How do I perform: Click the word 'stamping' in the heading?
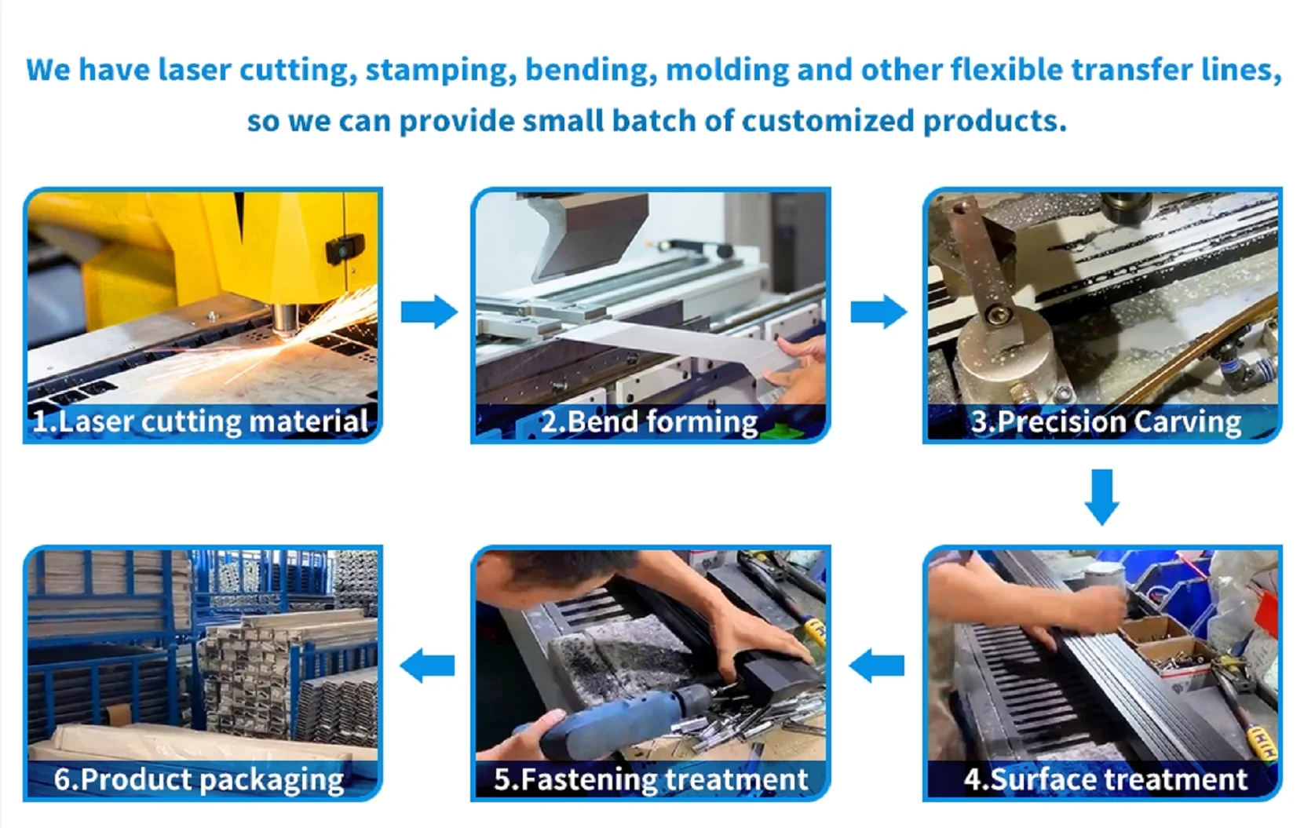[440, 71]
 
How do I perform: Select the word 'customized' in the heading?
[827, 120]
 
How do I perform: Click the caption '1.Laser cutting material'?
[200, 421]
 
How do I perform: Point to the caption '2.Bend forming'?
[649, 421]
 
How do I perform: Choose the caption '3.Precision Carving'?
[1106, 421]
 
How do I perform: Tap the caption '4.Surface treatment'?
[1105, 779]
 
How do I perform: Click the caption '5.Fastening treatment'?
[651, 779]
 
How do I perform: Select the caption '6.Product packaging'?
[199, 779]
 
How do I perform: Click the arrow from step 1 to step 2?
[429, 312]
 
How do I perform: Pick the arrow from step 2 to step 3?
[878, 312]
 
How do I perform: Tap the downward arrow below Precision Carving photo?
[1102, 497]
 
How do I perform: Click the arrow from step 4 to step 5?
[877, 665]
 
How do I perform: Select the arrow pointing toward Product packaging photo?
[427, 665]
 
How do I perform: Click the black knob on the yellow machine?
[345, 249]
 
